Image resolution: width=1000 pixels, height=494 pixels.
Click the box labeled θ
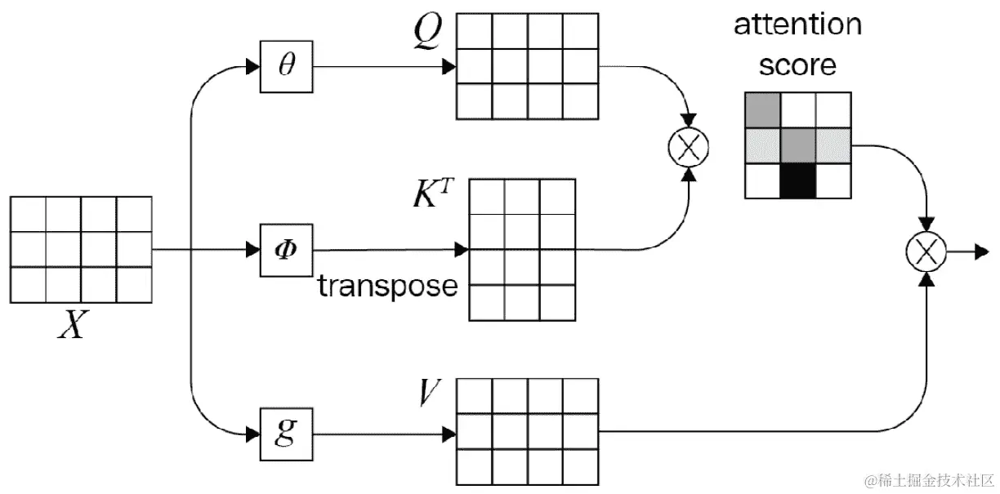[285, 67]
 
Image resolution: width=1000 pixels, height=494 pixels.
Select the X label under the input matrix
[74, 324]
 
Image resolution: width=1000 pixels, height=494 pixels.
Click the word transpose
[387, 286]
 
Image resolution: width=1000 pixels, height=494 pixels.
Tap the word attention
[797, 24]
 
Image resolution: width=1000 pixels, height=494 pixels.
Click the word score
[797, 65]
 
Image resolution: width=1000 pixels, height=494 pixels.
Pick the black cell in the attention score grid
[798, 181]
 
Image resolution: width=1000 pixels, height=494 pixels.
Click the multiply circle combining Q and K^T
[689, 148]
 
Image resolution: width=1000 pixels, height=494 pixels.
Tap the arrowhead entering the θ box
[252, 67]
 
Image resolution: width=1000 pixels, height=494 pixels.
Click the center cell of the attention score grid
[798, 146]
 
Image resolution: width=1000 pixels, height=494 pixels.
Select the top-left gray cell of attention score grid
[762, 111]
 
